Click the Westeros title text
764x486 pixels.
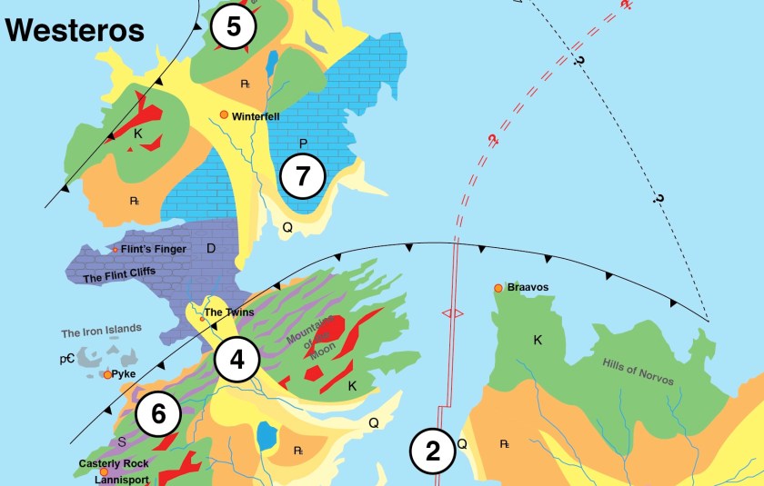click(75, 30)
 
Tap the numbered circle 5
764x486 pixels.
click(234, 27)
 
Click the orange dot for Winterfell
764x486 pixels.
click(224, 115)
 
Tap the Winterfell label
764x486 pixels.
click(256, 116)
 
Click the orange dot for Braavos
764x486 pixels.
click(498, 288)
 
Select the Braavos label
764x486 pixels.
click(528, 288)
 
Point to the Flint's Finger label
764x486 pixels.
click(154, 249)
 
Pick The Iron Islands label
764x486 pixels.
click(102, 331)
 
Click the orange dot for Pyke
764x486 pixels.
click(107, 374)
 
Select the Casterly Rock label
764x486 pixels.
click(114, 463)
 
